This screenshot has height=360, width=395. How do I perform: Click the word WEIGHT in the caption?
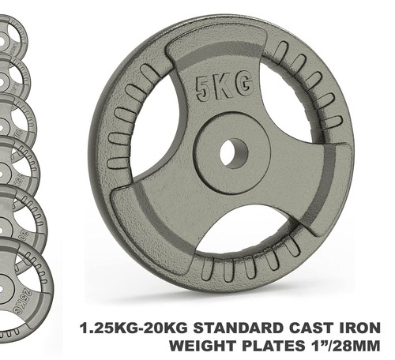210,346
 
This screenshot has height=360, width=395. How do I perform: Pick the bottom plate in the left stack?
20,288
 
